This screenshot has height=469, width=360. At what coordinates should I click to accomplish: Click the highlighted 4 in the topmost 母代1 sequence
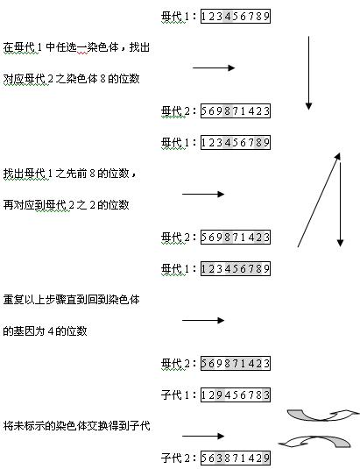228,16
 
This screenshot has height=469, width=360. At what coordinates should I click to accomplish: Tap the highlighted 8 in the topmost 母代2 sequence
228,111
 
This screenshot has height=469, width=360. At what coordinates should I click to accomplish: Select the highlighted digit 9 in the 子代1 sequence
220,395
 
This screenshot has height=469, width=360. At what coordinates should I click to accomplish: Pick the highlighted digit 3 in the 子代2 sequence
220,458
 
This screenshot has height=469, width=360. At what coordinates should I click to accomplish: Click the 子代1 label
179,395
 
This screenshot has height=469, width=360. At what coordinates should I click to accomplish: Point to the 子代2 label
179,458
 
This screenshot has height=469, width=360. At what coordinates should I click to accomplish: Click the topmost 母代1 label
179,16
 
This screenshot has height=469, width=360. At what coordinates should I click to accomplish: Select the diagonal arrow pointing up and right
319,200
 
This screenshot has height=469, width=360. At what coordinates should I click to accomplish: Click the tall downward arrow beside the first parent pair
308,73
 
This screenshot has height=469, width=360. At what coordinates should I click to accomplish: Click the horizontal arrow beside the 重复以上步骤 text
203,320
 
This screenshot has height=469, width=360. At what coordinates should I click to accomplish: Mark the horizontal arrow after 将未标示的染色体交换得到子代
203,436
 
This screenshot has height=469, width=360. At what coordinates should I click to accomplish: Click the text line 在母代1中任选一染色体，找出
76,47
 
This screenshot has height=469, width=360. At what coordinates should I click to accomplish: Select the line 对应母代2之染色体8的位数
72,79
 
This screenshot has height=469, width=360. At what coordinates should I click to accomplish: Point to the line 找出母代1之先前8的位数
70,174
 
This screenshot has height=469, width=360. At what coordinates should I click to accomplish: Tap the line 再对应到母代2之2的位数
66,205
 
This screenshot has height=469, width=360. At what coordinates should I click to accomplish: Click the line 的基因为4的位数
46,331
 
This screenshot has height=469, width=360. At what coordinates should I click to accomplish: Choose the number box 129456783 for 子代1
236,395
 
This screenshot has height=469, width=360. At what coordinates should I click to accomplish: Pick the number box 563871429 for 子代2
236,458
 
